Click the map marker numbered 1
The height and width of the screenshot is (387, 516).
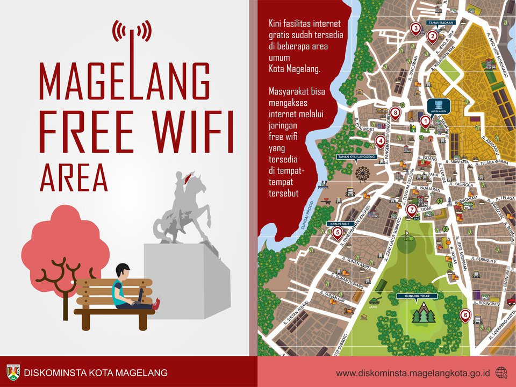425,121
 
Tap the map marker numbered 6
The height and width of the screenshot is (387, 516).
465,314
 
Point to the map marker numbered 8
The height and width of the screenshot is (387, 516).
396,113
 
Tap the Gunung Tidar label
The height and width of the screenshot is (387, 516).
417,296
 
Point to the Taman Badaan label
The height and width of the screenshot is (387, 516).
441,23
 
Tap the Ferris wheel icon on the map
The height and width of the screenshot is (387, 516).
362,173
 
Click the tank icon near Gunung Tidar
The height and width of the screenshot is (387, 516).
375,300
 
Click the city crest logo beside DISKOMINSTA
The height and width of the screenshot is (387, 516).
13,372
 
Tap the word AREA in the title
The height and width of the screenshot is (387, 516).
74,177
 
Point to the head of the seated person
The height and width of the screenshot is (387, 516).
123,271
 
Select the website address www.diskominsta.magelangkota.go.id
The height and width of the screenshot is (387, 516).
413,372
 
